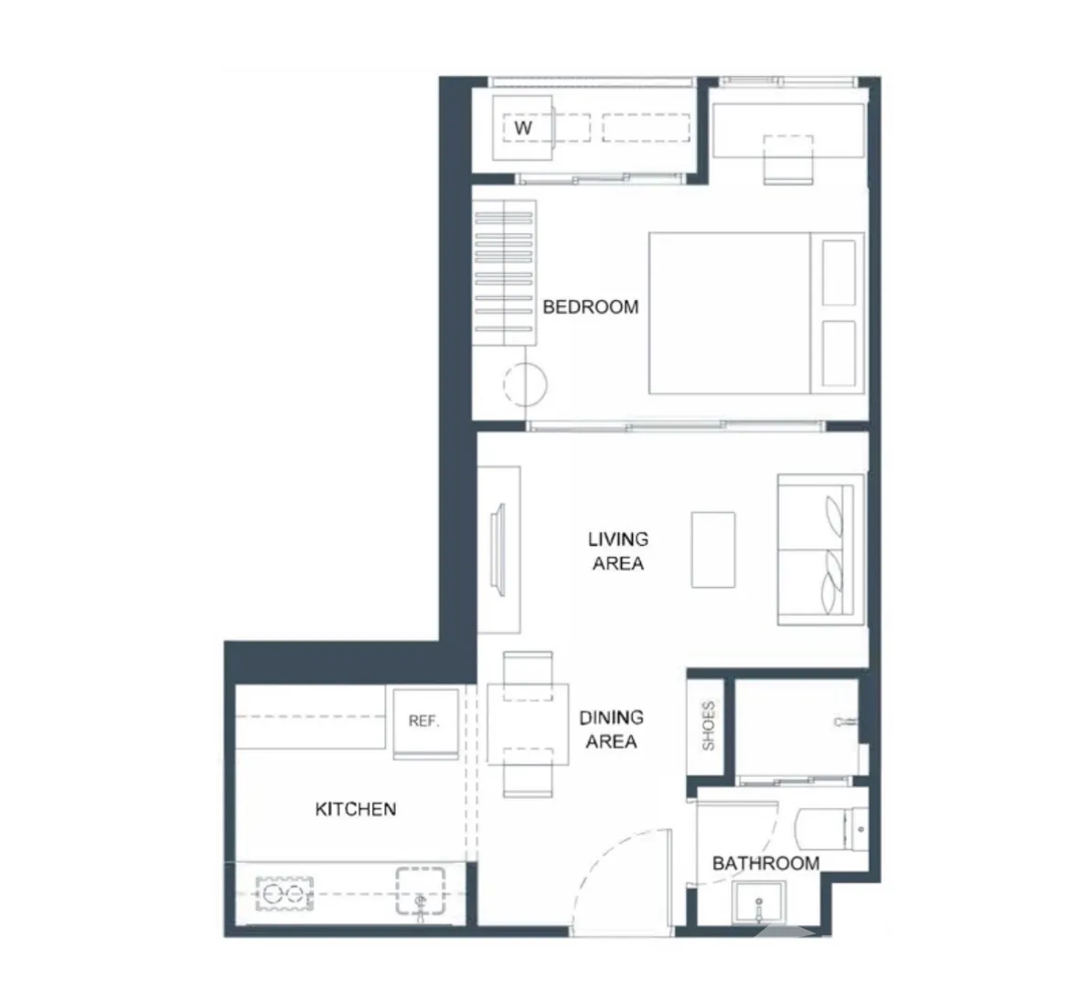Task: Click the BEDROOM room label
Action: pos(591,307)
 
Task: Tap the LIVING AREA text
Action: pos(618,551)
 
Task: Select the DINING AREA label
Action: pos(612,730)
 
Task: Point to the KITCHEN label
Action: pos(356,809)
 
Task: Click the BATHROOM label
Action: pos(765,864)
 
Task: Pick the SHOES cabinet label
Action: pos(709,726)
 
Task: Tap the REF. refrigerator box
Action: pos(425,722)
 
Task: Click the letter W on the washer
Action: pos(523,128)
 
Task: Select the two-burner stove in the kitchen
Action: pos(284,894)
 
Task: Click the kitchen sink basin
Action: pos(421,890)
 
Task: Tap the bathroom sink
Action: pos(759,901)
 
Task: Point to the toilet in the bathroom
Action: pos(832,828)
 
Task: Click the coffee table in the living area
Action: pos(713,549)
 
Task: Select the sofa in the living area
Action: pos(821,549)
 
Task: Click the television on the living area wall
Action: pos(498,549)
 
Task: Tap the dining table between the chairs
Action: pos(529,724)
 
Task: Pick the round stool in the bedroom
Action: pos(526,385)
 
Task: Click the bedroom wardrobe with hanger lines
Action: pos(504,272)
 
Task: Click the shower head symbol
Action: pos(846,721)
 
